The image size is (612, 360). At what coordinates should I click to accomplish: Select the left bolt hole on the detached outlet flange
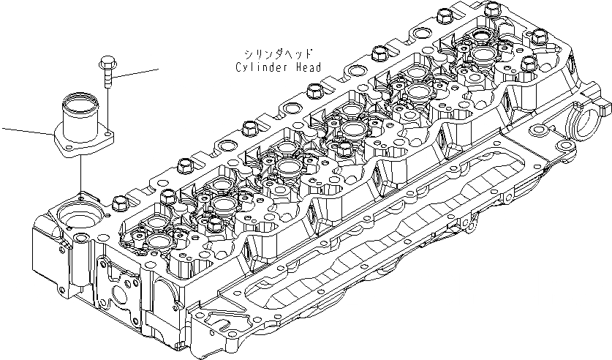67,149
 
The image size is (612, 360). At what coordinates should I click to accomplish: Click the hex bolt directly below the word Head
315,91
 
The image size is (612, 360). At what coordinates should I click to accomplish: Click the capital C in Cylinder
239,68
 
